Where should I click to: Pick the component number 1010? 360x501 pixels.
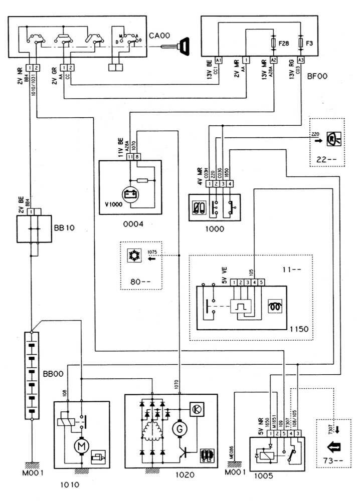tap(69, 484)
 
